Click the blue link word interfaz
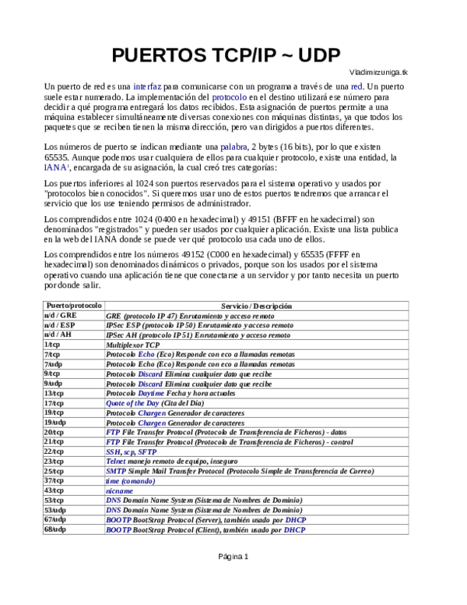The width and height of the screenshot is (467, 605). click(x=147, y=85)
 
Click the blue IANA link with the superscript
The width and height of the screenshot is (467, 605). click(x=55, y=167)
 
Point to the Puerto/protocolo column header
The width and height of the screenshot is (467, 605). click(x=74, y=306)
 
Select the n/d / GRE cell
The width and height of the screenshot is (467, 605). click(x=61, y=315)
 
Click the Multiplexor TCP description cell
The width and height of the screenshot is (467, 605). click(x=132, y=344)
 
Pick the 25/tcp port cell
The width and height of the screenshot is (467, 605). click(x=54, y=471)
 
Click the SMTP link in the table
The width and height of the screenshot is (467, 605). click(x=115, y=471)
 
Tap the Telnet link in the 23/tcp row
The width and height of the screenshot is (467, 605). click(x=117, y=461)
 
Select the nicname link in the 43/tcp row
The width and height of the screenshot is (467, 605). click(x=119, y=490)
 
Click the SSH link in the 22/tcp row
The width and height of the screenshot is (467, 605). click(x=113, y=451)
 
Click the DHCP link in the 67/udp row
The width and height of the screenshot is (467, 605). click(x=295, y=520)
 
